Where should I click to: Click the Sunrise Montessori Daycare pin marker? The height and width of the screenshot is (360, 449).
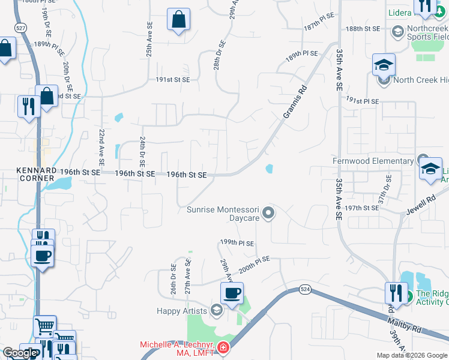[x=269, y=212]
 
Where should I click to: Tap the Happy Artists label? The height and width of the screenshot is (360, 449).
[x=181, y=311]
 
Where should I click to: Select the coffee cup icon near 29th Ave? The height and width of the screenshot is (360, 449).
[x=232, y=293]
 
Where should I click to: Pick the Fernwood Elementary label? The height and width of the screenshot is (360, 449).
[x=373, y=161]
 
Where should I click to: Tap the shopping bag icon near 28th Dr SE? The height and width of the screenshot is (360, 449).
[x=179, y=20]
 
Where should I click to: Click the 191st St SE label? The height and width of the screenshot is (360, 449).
[x=173, y=80]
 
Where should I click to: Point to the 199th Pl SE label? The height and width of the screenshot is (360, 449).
[x=237, y=243]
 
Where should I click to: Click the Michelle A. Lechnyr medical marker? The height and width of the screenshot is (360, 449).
[x=223, y=347]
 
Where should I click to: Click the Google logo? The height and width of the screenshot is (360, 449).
[x=20, y=353]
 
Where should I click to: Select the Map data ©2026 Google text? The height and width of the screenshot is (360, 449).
[x=411, y=355]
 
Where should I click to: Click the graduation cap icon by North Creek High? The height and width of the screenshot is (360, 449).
[x=383, y=64]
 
